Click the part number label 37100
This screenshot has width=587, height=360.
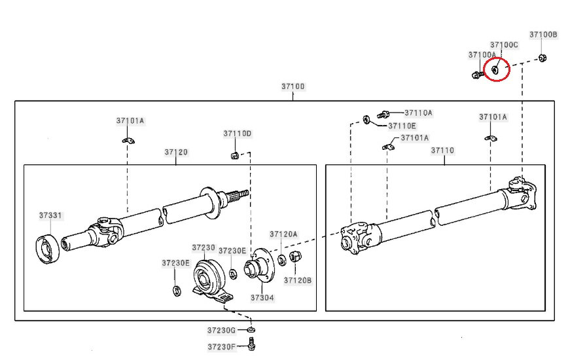point(293,86)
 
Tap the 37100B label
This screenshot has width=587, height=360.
point(543,35)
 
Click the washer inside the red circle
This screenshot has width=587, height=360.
point(495,69)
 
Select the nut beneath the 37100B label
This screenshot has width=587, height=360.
point(543,58)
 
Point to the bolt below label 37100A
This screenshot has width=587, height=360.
point(477,75)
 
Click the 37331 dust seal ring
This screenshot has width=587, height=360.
point(48,249)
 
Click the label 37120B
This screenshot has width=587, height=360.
point(298,280)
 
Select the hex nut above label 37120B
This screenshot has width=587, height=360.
point(295,257)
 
